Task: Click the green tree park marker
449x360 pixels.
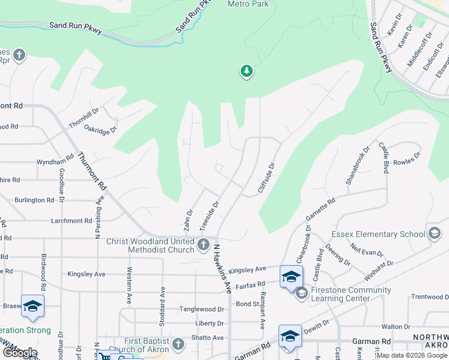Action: coord(246,72)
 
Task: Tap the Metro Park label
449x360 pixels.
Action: coord(248,4)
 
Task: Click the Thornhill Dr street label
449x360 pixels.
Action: coord(83,117)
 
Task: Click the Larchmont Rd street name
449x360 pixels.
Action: coord(71,221)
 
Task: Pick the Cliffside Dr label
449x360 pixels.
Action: coord(266,178)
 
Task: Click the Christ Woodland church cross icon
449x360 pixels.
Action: coord(203,244)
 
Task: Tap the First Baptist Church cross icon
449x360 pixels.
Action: coord(178,344)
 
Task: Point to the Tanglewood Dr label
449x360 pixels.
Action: coord(202,310)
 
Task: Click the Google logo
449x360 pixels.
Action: coord(19,353)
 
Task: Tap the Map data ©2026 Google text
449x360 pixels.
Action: coord(412,355)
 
